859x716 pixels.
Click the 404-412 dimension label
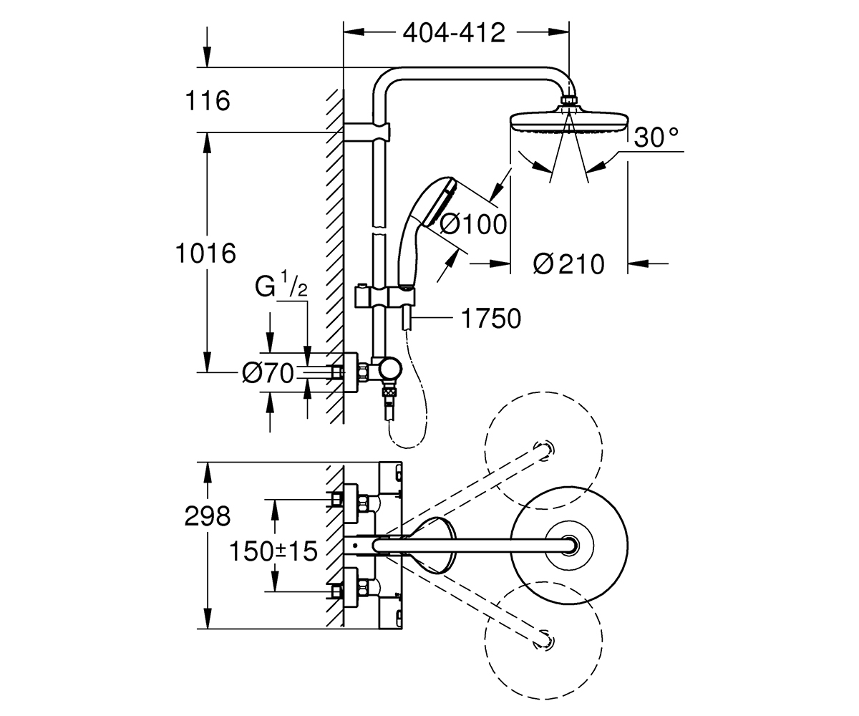click(x=454, y=33)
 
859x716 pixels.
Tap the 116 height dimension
click(x=208, y=101)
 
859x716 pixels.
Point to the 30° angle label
click(x=656, y=137)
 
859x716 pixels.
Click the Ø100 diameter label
click(x=473, y=225)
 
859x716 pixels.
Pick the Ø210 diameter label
click(x=569, y=264)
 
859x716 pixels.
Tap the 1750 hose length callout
click(x=491, y=319)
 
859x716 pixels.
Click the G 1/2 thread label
click(x=281, y=284)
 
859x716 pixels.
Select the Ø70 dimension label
click(x=268, y=373)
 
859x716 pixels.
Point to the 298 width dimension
click(x=208, y=516)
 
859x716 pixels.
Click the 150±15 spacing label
click(x=273, y=551)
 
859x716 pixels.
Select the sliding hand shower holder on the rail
click(x=384, y=297)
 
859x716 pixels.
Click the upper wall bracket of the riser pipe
click(x=367, y=132)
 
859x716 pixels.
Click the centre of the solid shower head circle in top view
click(x=569, y=546)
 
